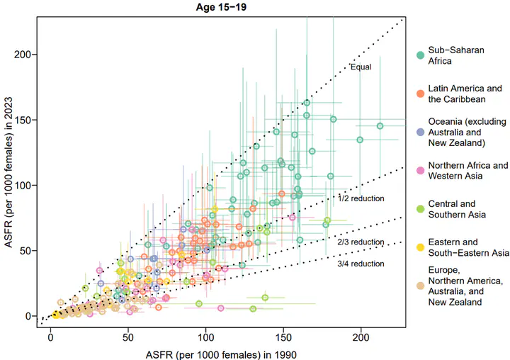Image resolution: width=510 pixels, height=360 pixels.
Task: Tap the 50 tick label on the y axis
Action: pos(29,250)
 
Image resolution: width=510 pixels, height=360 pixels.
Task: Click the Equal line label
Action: pos(361,67)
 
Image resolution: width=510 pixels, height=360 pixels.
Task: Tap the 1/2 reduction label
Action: pos(361,198)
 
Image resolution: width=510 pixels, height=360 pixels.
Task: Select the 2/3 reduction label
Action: pos(361,242)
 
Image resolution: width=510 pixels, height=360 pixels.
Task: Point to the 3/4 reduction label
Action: pos(361,264)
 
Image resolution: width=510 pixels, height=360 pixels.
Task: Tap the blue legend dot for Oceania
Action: pos(420,132)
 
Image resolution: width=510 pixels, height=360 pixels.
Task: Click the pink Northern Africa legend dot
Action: pos(420,170)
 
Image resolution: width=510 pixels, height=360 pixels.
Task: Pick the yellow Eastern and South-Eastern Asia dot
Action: pos(420,247)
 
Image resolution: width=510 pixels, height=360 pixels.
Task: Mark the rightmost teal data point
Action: pos(380,126)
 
